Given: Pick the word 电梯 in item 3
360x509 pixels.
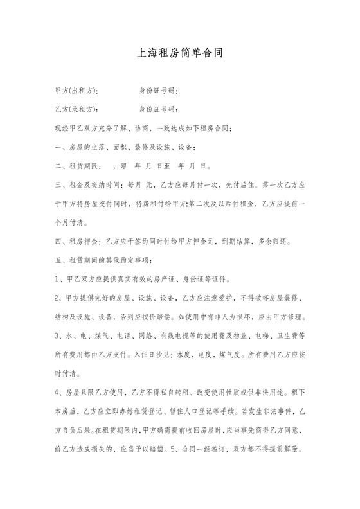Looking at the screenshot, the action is [270, 337].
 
